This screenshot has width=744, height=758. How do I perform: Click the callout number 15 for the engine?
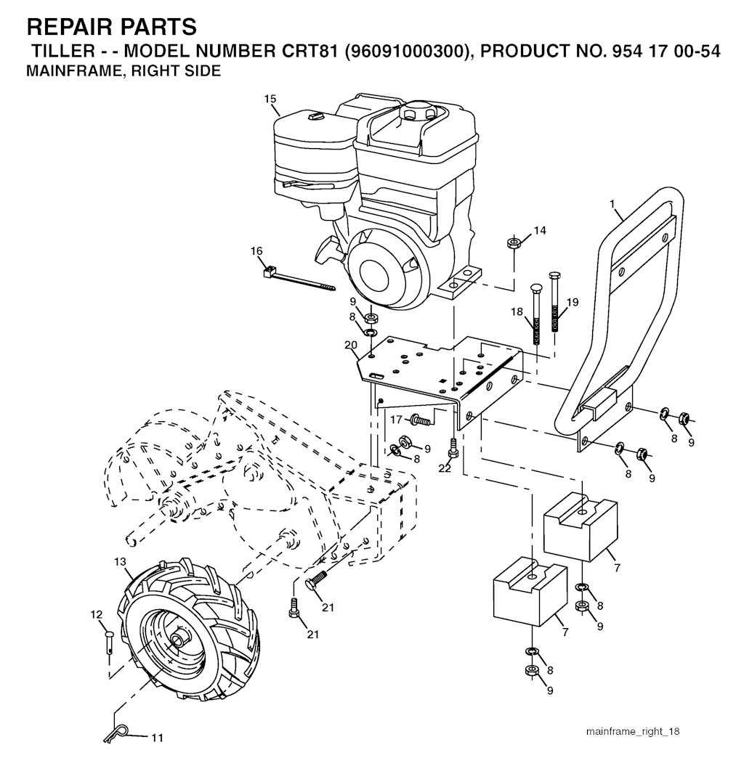click(270, 98)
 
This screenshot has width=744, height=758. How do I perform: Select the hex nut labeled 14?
click(512, 242)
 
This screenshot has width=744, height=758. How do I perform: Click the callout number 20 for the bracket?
click(352, 345)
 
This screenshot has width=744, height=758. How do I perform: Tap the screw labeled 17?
click(421, 419)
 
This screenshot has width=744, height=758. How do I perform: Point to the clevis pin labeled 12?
click(108, 643)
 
